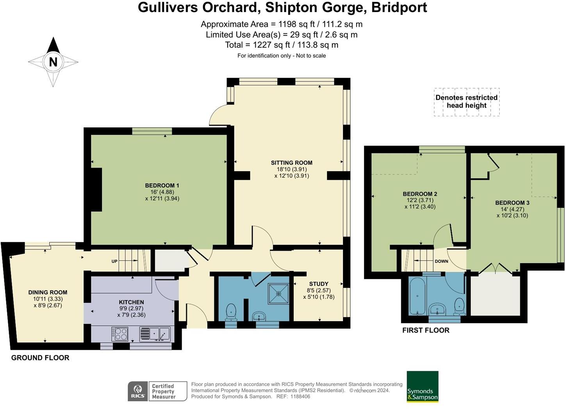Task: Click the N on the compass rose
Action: tap(53, 62)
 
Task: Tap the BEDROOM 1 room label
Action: tap(162, 186)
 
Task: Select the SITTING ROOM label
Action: tap(291, 163)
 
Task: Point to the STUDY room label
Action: tap(318, 284)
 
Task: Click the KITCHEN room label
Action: tap(131, 302)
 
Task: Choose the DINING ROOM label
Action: tap(48, 292)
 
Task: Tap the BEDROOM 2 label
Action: tap(420, 194)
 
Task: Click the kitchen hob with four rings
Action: tap(120, 334)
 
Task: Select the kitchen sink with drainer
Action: tap(155, 334)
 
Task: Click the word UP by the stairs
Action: tap(114, 261)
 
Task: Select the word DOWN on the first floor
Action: tap(441, 261)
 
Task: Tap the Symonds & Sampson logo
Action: tap(422, 386)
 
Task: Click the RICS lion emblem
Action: tap(138, 391)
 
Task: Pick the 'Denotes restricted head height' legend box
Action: tap(466, 102)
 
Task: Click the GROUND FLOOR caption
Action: tap(40, 358)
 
